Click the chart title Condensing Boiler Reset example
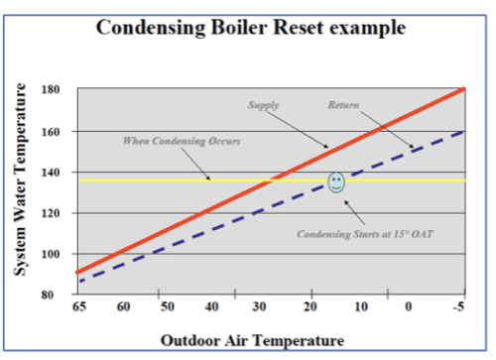pyautogui.click(x=249, y=27)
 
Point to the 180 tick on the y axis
pyautogui.click(x=53, y=90)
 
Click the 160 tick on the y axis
pyautogui.click(x=53, y=131)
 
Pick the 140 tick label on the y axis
pyautogui.click(x=53, y=173)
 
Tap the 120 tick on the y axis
pyautogui.click(x=53, y=213)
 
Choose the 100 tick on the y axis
pyautogui.click(x=53, y=254)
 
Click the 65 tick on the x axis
pyautogui.click(x=78, y=308)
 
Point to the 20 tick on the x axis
pyautogui.click(x=310, y=308)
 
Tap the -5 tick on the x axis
pyautogui.click(x=459, y=308)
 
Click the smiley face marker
pyautogui.click(x=336, y=181)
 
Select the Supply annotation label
pyautogui.click(x=263, y=105)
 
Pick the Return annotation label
pyautogui.click(x=344, y=105)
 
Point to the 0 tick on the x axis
pyautogui.click(x=409, y=308)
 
